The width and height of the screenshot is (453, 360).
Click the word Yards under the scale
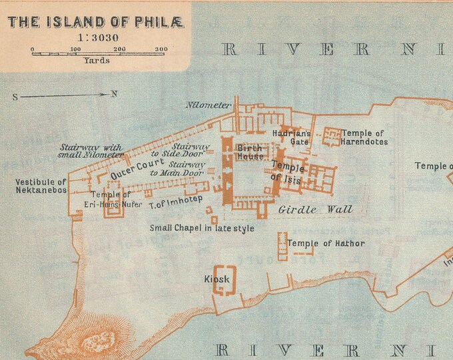point(97,61)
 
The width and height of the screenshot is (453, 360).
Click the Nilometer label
point(209,105)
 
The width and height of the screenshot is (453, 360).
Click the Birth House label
point(250,152)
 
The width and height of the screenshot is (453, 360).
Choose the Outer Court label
point(137,167)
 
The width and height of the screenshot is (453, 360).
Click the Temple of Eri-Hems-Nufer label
point(111,199)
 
